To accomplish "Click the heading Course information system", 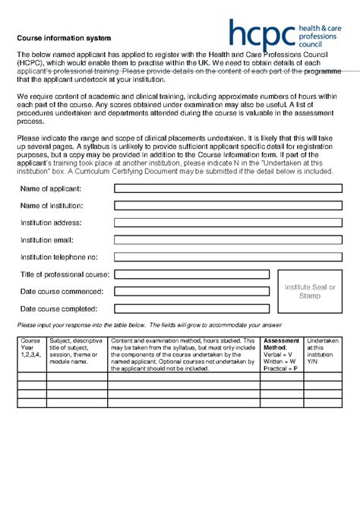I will pos(65,37).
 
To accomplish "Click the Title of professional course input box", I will pos(193,274).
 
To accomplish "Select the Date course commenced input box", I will pos(193,292).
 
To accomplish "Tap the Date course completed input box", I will pos(193,308).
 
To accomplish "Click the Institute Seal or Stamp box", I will pos(310,292).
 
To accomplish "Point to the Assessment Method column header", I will pos(281,354).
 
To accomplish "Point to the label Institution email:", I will pos(50,240).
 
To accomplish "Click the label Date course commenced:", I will pos(61,292).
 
